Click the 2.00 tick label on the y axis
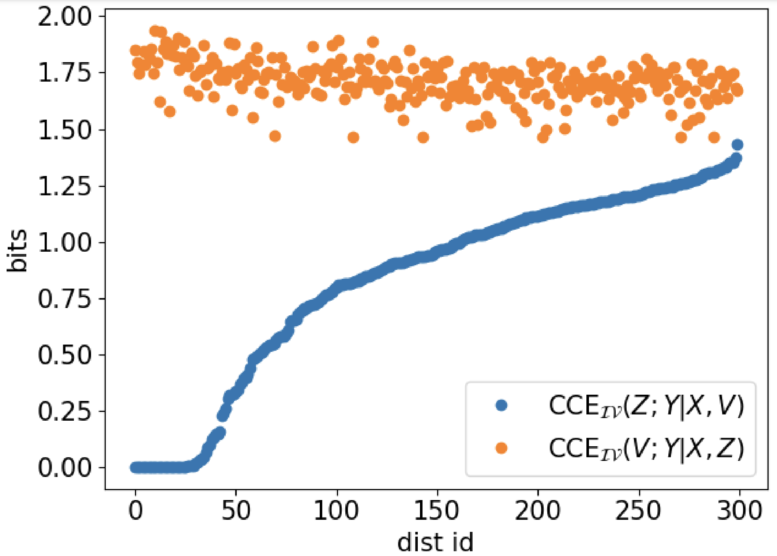(64, 17)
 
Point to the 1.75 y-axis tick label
(64, 73)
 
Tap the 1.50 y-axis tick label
(64, 130)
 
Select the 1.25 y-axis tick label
(64, 187)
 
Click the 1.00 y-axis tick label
(64, 243)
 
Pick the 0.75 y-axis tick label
(64, 299)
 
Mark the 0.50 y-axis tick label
(64, 355)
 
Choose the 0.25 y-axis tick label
(64, 412)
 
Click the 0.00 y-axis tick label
(64, 468)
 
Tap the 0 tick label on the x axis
(135, 511)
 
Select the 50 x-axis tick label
(236, 511)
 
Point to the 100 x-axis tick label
(337, 511)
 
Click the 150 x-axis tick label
(437, 511)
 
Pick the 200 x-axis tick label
(538, 511)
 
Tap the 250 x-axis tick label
(639, 511)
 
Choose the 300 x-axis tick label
(739, 511)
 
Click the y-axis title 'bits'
(18, 251)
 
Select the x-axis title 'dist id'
(435, 542)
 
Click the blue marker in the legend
(502, 405)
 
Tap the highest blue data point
(737, 145)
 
